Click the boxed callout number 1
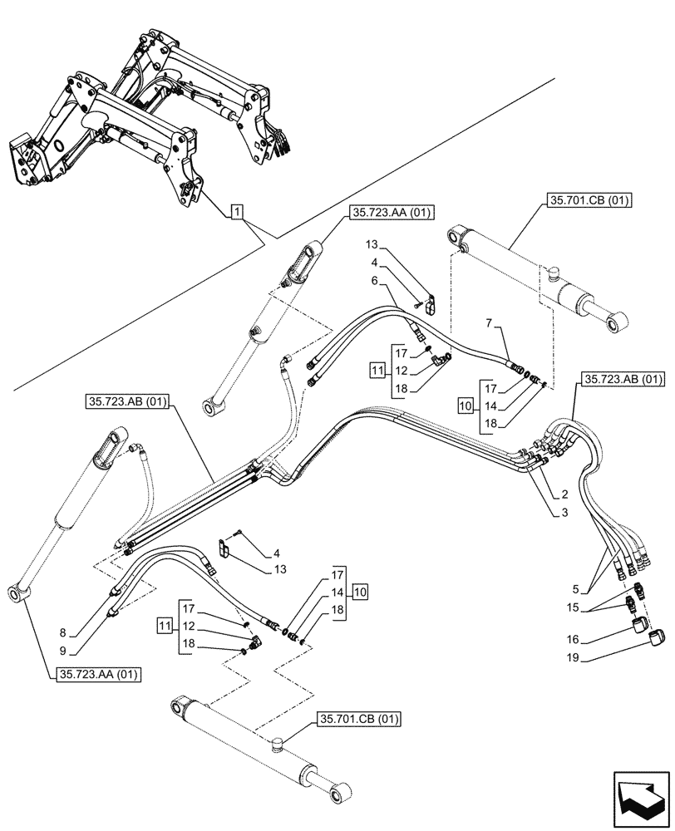pyautogui.click(x=238, y=213)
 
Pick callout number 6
pyautogui.click(x=376, y=282)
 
